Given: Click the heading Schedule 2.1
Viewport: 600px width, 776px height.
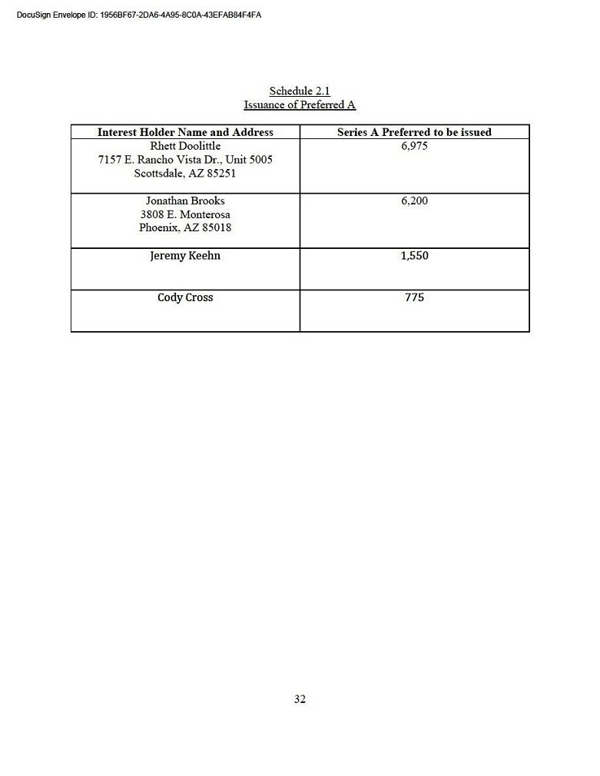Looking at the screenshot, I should (x=300, y=91).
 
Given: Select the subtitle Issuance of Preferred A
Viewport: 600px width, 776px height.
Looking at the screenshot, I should (x=300, y=105).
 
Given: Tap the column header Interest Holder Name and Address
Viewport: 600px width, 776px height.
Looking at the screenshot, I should (x=185, y=132).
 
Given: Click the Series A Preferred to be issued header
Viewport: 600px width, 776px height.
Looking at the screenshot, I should (x=414, y=132).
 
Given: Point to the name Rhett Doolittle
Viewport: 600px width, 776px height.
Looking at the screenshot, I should (x=185, y=146).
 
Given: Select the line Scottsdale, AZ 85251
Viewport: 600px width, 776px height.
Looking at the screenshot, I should (x=185, y=174).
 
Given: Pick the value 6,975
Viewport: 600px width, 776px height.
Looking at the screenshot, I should (x=414, y=146).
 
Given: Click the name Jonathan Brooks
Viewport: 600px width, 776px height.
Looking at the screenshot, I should (x=185, y=201).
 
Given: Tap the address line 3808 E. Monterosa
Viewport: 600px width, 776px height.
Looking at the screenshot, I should (x=185, y=214).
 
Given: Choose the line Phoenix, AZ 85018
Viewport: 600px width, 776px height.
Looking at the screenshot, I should (x=185, y=228).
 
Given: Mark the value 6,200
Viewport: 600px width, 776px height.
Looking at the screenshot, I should (x=414, y=201).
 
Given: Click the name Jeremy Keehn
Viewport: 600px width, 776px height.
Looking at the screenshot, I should (x=185, y=256).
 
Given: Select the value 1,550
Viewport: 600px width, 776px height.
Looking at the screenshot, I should (x=414, y=256).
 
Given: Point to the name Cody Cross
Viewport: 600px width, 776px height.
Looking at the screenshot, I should (x=185, y=297).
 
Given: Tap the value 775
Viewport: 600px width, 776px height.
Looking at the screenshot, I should (x=414, y=297).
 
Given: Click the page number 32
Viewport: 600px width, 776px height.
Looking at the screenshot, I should (x=300, y=699).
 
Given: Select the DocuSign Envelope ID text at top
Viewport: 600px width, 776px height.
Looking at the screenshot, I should (x=138, y=15).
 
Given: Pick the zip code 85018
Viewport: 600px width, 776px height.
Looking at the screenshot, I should (x=217, y=228).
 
